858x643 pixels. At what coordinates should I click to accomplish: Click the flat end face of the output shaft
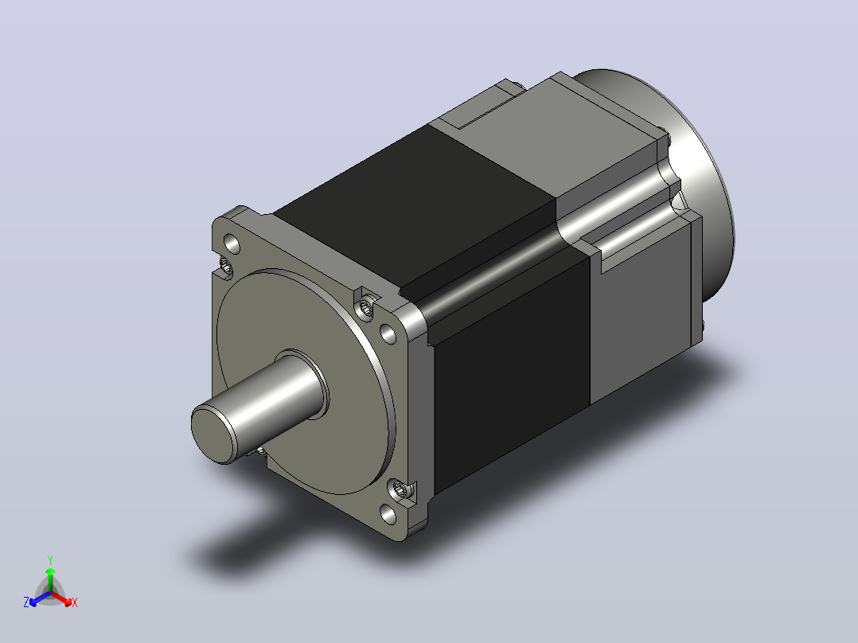point(212,432)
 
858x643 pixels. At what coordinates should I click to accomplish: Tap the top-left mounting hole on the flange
point(232,244)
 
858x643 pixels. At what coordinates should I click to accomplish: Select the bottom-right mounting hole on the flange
point(388,514)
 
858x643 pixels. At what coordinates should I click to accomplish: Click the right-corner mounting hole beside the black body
point(388,333)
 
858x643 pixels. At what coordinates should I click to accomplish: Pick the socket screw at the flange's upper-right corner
point(366,309)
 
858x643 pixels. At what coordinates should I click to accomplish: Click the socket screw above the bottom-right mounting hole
point(400,488)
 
